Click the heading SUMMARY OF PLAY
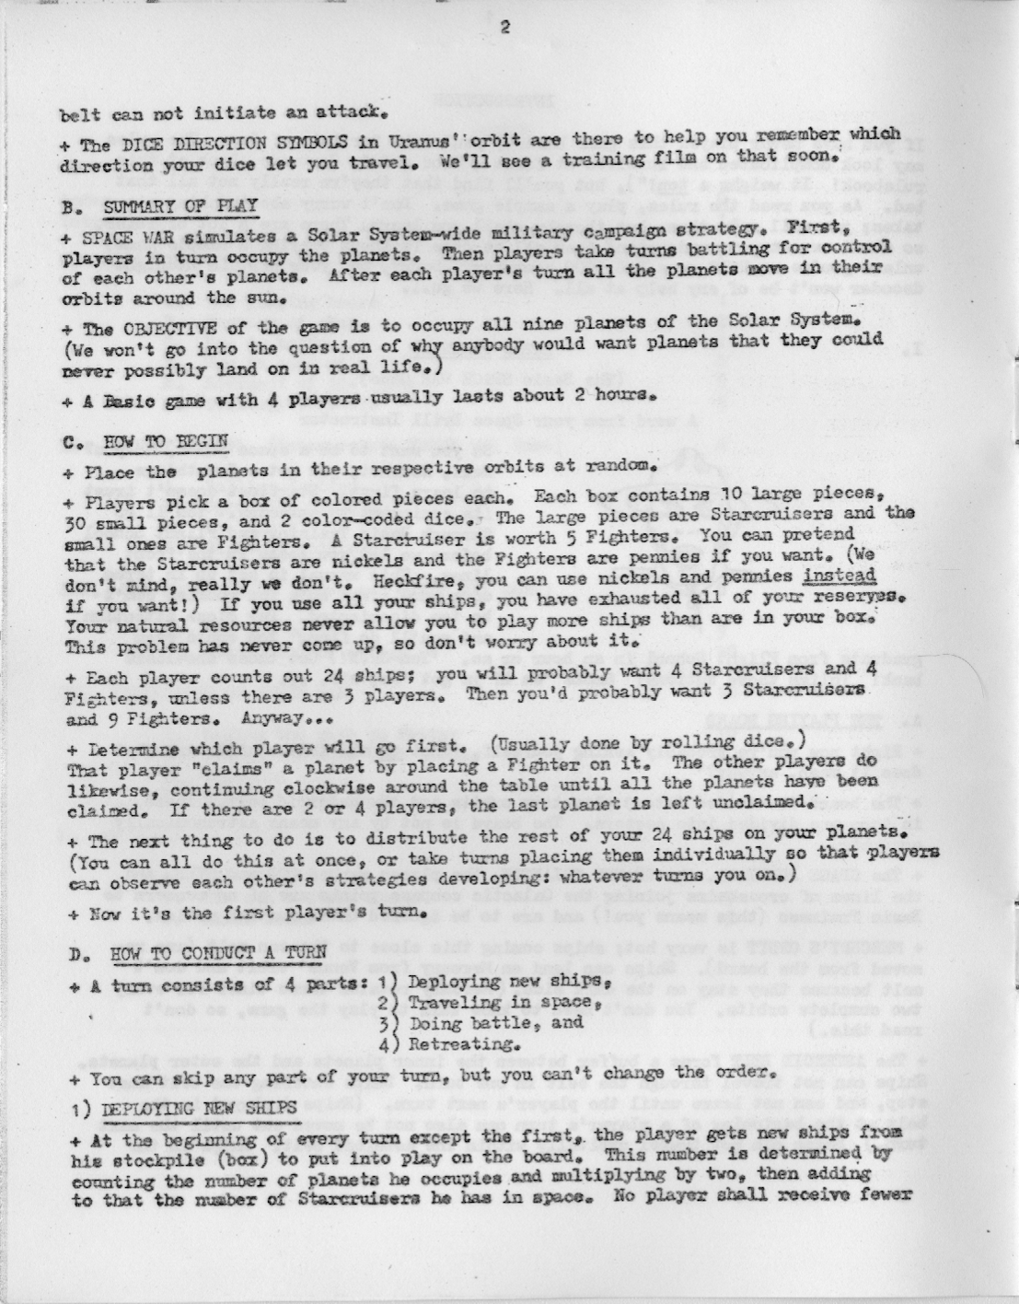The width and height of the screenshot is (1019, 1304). point(156,204)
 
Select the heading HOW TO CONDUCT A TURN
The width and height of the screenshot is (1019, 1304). point(205,952)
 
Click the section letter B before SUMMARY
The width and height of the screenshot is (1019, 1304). point(69,206)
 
